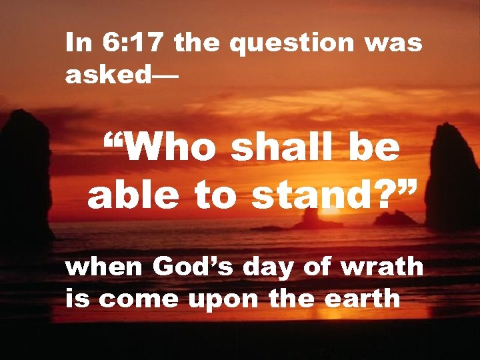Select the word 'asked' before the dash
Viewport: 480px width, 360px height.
(109, 75)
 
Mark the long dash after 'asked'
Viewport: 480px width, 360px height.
(166, 75)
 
